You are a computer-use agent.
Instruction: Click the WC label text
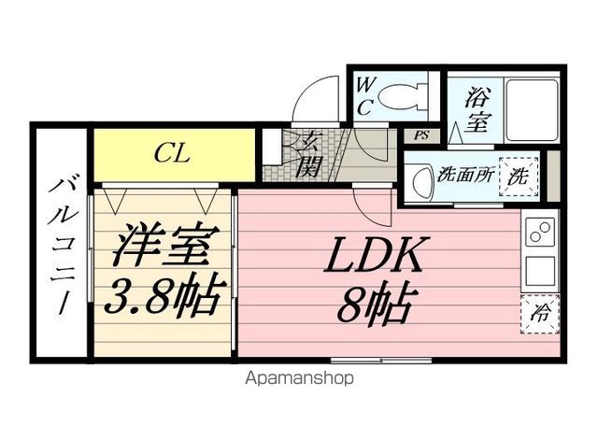click(364, 96)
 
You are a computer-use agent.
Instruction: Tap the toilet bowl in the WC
click(403, 96)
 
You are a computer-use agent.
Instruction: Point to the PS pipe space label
click(421, 135)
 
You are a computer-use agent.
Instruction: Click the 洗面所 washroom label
click(465, 175)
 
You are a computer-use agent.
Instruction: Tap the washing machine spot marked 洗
click(519, 177)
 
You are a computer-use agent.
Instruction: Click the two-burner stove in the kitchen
click(540, 233)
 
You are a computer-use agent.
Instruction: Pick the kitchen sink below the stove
click(540, 272)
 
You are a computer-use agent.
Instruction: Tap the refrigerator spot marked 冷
click(539, 314)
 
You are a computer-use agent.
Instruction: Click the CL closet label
click(172, 154)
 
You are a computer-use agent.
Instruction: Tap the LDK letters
click(377, 253)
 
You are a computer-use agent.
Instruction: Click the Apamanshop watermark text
click(299, 379)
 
